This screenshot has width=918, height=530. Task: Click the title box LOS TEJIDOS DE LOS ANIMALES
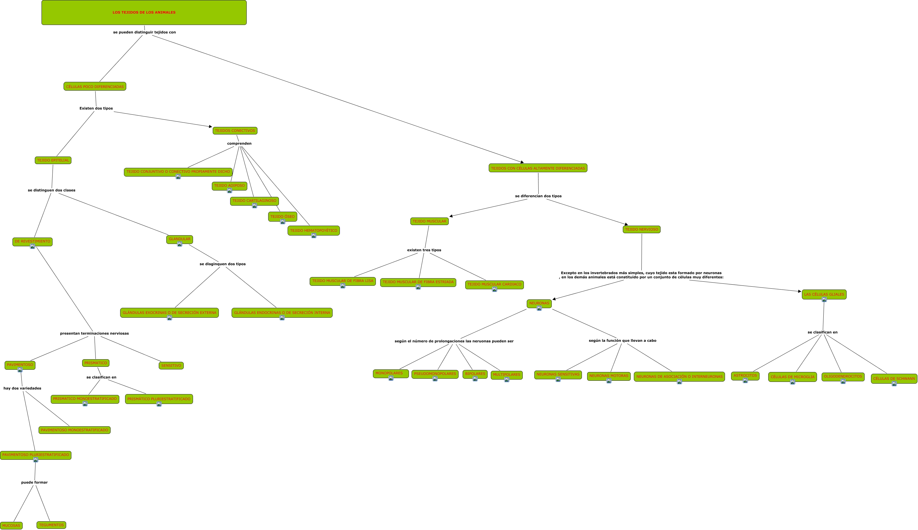pos(144,12)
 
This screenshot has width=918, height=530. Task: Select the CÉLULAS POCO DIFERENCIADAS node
pos(95,87)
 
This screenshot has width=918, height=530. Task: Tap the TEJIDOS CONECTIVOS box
pos(235,131)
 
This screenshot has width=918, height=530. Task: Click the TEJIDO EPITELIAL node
pos(53,160)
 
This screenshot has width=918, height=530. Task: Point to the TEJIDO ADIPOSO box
pos(230,186)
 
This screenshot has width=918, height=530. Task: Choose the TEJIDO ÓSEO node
pos(283,216)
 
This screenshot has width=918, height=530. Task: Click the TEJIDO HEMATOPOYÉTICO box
pos(313,230)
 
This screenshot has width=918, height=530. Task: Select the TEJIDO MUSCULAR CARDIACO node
pos(494,284)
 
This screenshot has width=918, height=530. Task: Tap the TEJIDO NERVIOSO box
pos(642,229)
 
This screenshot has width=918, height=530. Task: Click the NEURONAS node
pos(539,303)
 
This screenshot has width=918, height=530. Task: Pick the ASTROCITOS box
pos(745,375)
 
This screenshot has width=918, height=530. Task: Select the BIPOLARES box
pos(475,374)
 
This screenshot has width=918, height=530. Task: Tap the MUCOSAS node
pos(11,525)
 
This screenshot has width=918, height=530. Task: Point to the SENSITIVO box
pos(171,365)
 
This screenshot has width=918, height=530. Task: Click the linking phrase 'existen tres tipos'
pos(424,250)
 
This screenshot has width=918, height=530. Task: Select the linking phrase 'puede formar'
pos(35,482)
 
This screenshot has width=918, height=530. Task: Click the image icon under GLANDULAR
pos(180,244)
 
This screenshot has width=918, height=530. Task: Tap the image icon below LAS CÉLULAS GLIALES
pos(824,300)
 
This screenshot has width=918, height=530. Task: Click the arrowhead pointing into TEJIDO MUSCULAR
pos(451,216)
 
